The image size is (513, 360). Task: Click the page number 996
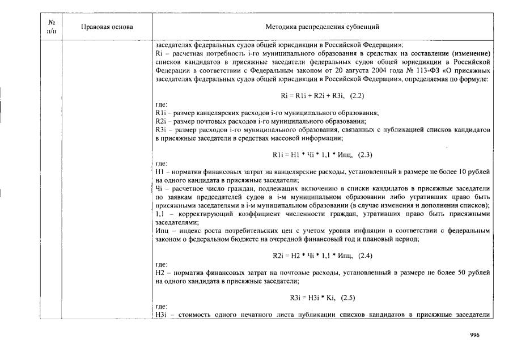[x=475, y=335]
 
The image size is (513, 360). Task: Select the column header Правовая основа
[x=107, y=27]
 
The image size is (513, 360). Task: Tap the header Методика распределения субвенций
[x=322, y=27]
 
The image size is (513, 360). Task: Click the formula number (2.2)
[x=355, y=96]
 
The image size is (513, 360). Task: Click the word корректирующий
[x=197, y=215]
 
